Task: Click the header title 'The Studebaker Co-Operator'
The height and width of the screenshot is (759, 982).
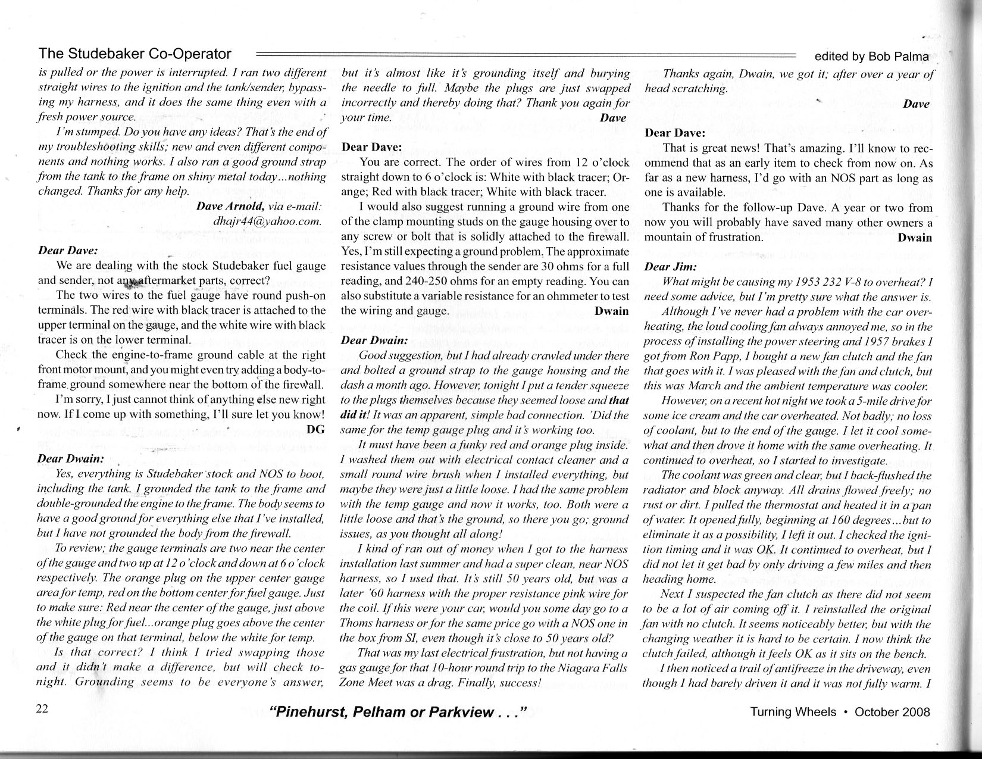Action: (x=135, y=54)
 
